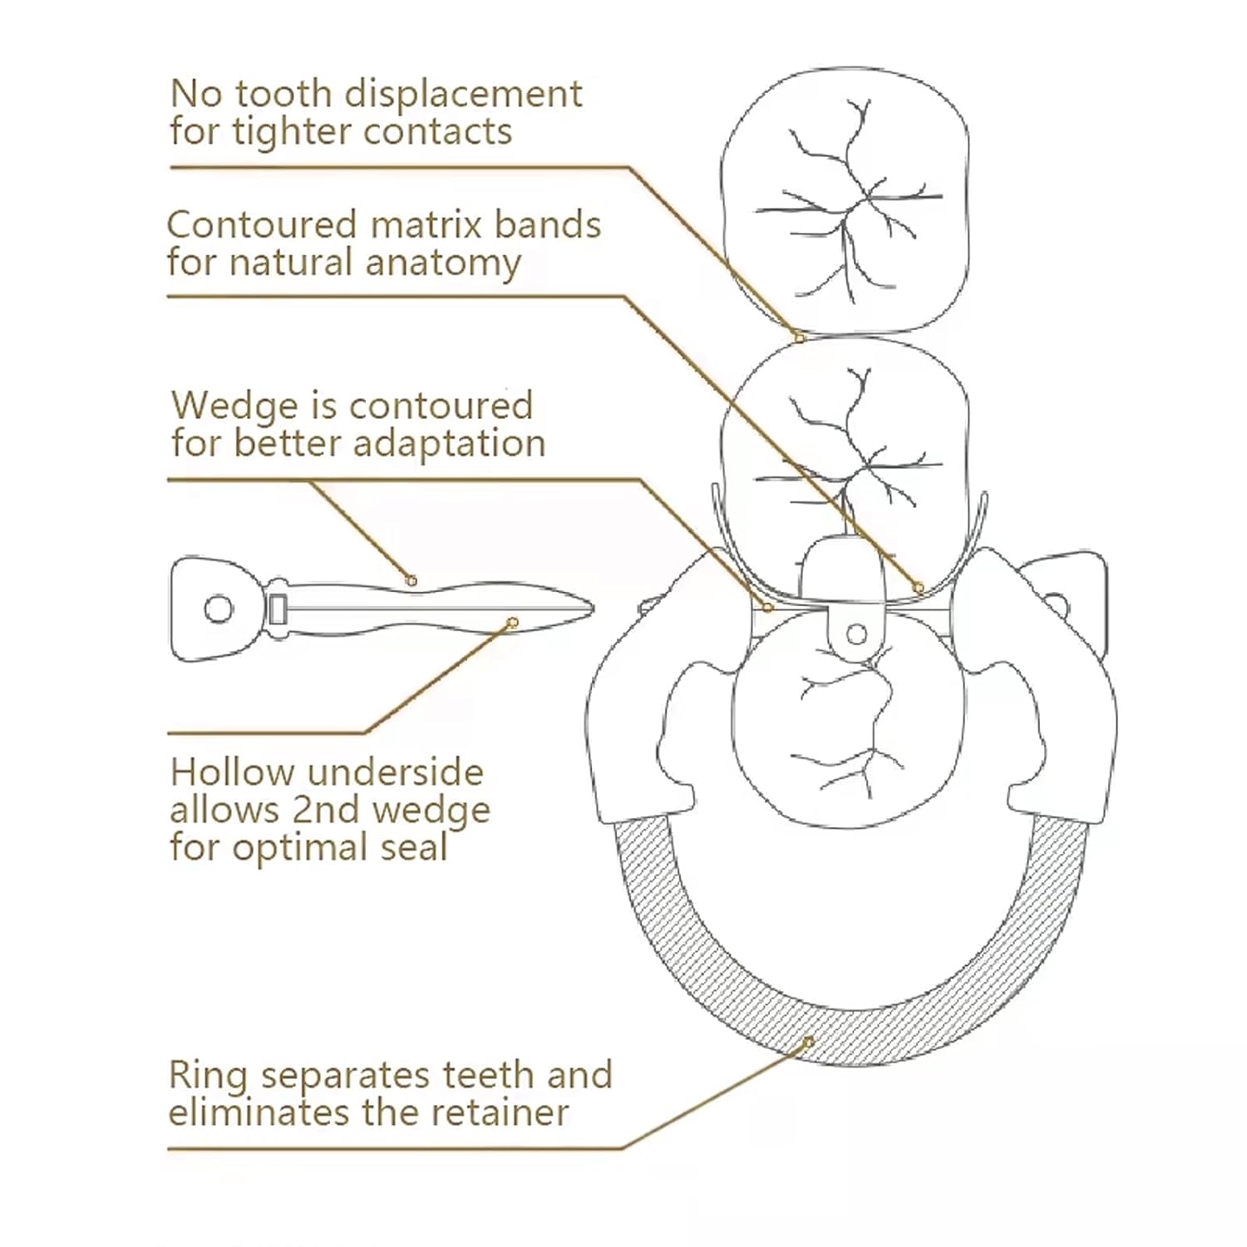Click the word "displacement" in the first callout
pos(463,95)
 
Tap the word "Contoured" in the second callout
pos(261,225)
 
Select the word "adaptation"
pos(450,443)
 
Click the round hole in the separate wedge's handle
pos(218,609)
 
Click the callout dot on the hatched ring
pos(807,1042)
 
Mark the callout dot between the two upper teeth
pos(799,338)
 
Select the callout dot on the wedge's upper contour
pos(412,581)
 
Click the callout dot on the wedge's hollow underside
pos(513,623)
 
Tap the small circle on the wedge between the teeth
pos(856,635)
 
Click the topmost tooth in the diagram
pos(845,200)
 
